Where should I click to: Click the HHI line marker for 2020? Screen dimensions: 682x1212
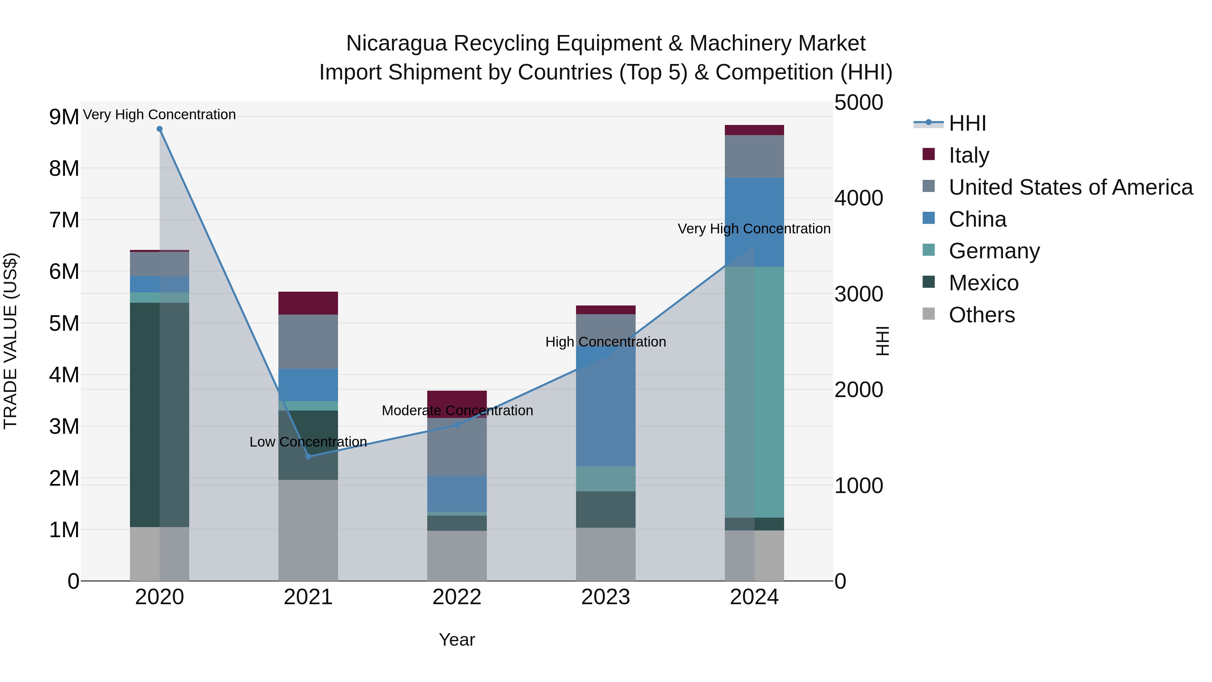tap(160, 129)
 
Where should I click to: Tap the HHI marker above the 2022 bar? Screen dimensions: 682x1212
tap(457, 425)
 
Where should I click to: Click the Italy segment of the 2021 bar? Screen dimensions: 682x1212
tap(308, 303)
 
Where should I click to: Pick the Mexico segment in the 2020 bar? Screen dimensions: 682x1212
tap(160, 414)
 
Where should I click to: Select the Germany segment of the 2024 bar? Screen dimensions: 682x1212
tap(754, 392)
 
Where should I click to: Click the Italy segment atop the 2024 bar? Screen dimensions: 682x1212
tap(754, 130)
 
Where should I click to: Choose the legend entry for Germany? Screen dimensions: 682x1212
tap(994, 251)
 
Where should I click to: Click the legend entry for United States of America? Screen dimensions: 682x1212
tap(1070, 187)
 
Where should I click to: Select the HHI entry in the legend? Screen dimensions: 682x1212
tap(967, 123)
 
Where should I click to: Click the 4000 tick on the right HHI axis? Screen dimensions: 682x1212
tap(858, 198)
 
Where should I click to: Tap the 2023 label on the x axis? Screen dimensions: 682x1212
tap(606, 597)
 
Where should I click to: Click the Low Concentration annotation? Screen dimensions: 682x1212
tap(308, 442)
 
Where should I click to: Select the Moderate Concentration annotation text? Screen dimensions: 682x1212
tap(457, 411)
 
